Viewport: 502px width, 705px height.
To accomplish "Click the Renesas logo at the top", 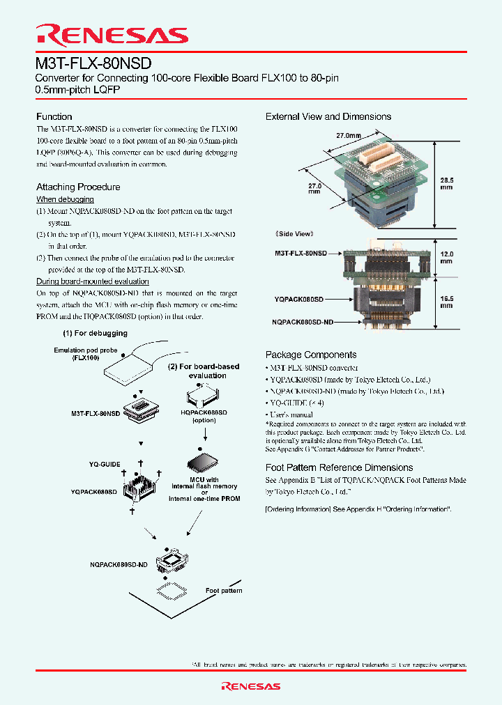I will coord(112,35).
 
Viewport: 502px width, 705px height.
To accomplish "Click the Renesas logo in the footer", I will coord(250,686).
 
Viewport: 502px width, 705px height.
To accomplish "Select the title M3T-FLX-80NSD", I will coord(93,63).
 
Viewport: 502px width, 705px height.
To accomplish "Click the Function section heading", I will coord(54,116).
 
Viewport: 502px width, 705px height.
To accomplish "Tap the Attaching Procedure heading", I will coord(78,187).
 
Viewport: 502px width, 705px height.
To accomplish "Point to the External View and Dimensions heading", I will coord(328,116).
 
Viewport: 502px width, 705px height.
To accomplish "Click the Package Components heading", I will coord(311,355).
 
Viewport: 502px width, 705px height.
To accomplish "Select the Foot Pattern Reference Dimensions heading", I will coord(339,467).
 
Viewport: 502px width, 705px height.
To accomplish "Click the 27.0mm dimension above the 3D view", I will coord(349,136).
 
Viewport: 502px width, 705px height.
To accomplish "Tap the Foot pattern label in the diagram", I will coord(224,591).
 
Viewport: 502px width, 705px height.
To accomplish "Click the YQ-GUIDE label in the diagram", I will coord(105,464).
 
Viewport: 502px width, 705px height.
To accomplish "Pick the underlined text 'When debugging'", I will coord(60,199).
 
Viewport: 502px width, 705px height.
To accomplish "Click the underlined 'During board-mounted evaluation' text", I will coord(93,281).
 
